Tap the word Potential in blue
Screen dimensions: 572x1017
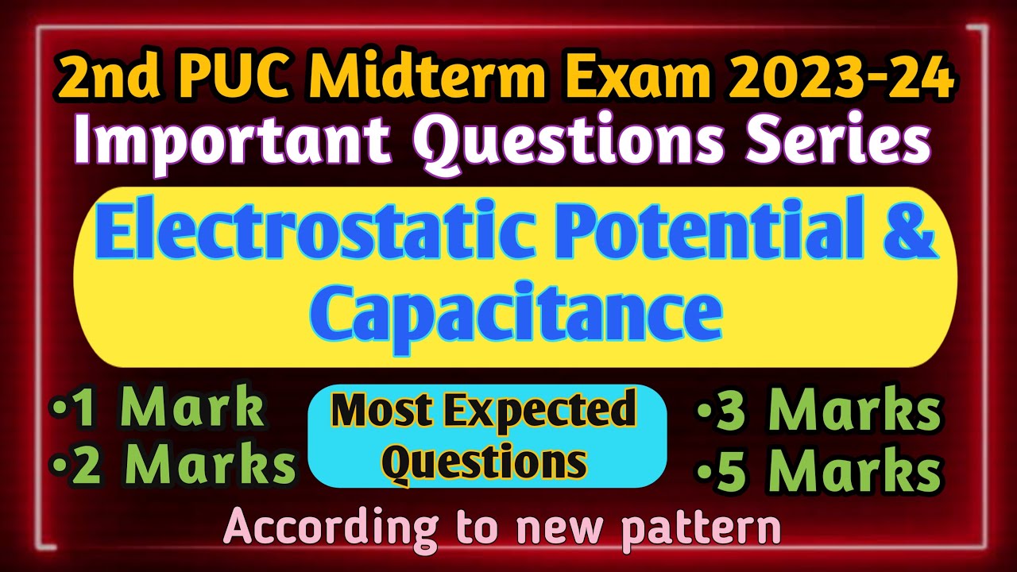[701, 238]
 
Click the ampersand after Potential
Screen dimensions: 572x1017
[911, 238]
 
